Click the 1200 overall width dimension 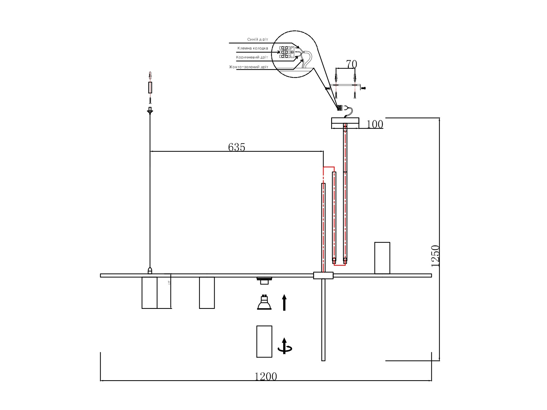266,377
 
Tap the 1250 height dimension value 435,256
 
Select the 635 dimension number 237,147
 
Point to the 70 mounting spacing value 351,64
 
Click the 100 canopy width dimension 375,124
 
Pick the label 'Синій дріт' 257,40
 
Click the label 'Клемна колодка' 252,48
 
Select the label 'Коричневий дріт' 252,57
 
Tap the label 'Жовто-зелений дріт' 249,67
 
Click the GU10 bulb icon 264,303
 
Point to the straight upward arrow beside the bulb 284,302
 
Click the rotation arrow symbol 285,347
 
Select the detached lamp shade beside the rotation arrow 264,341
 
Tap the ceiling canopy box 345,123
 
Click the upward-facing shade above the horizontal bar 382,258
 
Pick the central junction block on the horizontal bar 323,275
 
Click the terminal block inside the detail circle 284,52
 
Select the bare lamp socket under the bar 264,281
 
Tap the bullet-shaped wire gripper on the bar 150,270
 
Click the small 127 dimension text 169,283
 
